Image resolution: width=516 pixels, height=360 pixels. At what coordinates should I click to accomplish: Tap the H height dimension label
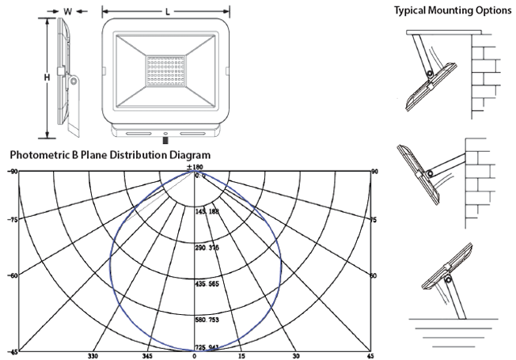coord(47,78)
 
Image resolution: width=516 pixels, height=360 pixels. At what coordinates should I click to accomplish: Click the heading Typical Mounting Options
coord(453,10)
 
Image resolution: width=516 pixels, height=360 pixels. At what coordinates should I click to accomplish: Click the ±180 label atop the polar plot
coord(195,167)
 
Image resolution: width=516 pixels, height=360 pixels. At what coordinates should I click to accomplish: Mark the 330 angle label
coord(94,355)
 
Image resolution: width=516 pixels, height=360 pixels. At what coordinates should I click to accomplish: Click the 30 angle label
coord(294,355)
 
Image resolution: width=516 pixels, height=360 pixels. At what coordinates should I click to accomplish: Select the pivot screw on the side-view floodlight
coord(74,81)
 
